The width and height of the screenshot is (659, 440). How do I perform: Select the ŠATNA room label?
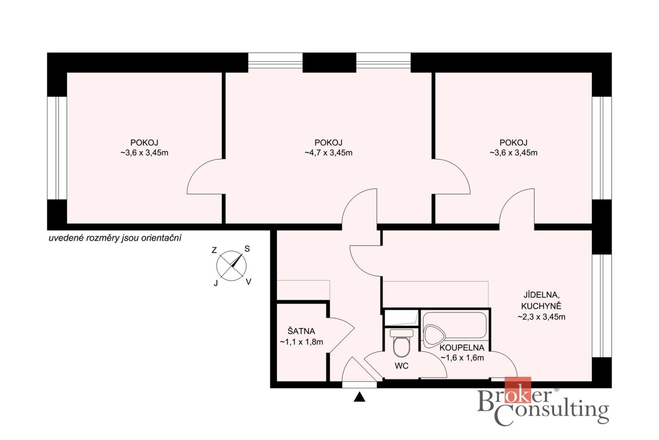[x=301, y=331]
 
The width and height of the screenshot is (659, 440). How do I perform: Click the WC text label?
[x=402, y=366]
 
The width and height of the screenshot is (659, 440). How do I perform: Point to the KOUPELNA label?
[x=462, y=348]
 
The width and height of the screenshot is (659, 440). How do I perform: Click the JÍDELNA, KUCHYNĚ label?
[x=541, y=300]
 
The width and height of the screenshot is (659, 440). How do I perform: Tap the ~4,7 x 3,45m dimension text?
[x=328, y=153]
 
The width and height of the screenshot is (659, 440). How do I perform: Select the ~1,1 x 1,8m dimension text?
[x=301, y=342]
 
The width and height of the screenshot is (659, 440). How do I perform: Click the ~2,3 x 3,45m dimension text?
[x=541, y=317]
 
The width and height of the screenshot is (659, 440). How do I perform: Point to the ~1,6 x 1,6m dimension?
[x=462, y=358]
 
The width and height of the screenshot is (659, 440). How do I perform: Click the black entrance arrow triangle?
[x=359, y=397]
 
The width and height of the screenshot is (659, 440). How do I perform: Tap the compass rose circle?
[x=231, y=266]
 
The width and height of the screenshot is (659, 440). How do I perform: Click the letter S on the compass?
[x=247, y=249]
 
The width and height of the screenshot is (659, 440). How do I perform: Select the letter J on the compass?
[x=216, y=283]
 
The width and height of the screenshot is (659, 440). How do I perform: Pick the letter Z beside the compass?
[x=214, y=250]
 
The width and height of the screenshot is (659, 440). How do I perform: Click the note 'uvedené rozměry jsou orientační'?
[x=115, y=238]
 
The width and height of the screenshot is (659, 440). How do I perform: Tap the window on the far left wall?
[x=57, y=148]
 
